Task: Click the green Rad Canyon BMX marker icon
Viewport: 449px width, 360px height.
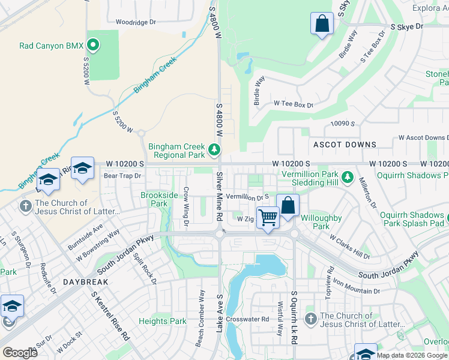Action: point(93,45)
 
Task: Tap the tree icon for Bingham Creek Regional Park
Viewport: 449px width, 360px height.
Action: point(214,149)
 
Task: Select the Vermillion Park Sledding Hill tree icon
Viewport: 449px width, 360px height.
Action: point(347,177)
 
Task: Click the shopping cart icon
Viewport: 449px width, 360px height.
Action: point(268,217)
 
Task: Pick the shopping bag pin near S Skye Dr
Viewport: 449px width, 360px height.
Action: point(322,24)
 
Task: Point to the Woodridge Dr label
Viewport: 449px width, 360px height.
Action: point(136,22)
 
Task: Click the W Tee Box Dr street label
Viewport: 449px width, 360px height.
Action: point(294,104)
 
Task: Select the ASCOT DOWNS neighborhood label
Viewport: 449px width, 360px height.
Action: point(345,145)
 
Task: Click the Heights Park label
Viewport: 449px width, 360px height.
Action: point(162,321)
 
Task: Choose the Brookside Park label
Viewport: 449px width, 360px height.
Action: point(159,199)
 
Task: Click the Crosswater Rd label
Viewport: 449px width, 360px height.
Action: point(247,319)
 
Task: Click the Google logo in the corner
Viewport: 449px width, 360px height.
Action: point(20,352)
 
